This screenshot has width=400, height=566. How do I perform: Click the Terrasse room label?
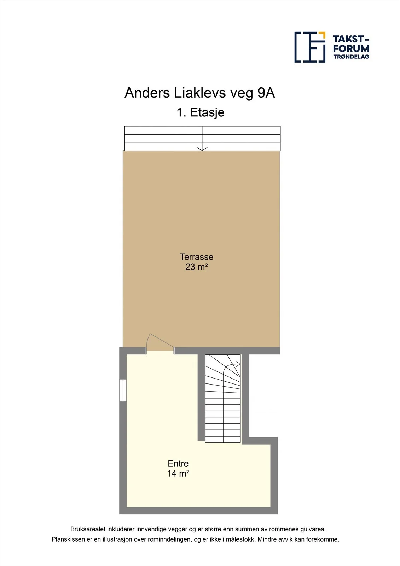pyautogui.click(x=196, y=257)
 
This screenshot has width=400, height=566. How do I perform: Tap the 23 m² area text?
pyautogui.click(x=196, y=267)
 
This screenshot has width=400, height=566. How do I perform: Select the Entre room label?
pyautogui.click(x=178, y=464)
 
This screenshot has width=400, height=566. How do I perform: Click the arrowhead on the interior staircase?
pyautogui.click(x=238, y=364)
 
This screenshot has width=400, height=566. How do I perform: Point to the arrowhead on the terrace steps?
pyautogui.click(x=202, y=149)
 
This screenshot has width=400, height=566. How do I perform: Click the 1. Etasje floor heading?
pyautogui.click(x=201, y=112)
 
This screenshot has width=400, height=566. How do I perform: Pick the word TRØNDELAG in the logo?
pyautogui.click(x=351, y=57)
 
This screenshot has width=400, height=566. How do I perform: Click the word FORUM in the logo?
pyautogui.click(x=351, y=48)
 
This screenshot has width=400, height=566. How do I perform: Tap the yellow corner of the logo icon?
pyautogui.click(x=322, y=35)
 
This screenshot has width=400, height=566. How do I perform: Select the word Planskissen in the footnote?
pyautogui.click(x=68, y=539)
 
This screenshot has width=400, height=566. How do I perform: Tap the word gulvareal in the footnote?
pyautogui.click(x=314, y=529)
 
